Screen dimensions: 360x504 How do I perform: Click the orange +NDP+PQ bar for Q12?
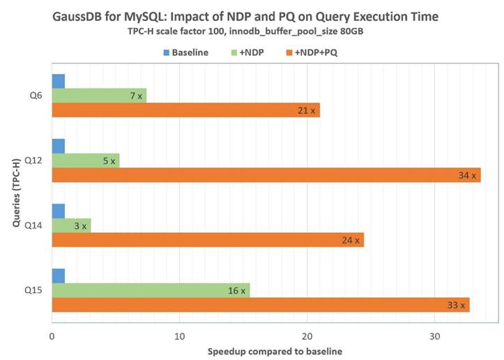265,174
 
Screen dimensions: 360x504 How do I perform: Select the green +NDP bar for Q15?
151,290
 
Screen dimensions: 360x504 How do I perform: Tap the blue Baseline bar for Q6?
59,81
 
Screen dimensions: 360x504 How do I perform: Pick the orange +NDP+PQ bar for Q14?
208,240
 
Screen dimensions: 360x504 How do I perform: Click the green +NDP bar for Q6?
99,95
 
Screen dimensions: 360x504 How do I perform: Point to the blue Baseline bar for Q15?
59,276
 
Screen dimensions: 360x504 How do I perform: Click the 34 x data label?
467,175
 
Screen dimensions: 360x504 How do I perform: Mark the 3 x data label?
80,226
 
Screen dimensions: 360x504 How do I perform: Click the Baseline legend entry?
184,52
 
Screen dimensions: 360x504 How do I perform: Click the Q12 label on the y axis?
33,160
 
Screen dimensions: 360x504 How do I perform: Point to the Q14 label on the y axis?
33,225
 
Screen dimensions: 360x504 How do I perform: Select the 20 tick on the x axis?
307,336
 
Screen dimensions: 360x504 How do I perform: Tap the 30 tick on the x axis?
434,336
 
